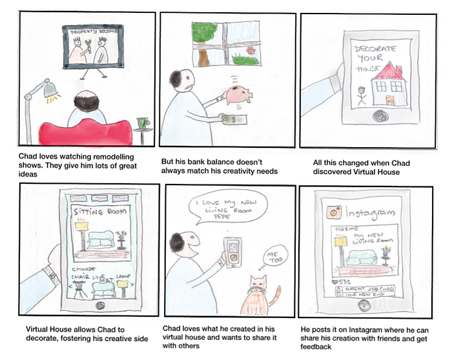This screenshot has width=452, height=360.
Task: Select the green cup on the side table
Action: [143, 121]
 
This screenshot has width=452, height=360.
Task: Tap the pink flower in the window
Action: [252, 50]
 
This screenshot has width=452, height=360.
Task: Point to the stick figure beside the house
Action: [362, 95]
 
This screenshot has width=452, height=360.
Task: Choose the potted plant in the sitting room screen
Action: [121, 237]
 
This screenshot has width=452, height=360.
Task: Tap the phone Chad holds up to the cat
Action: [232, 252]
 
